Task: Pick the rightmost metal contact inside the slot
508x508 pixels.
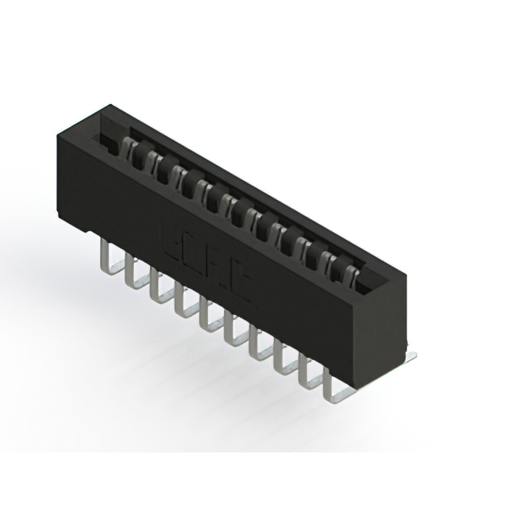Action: [354, 270]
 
